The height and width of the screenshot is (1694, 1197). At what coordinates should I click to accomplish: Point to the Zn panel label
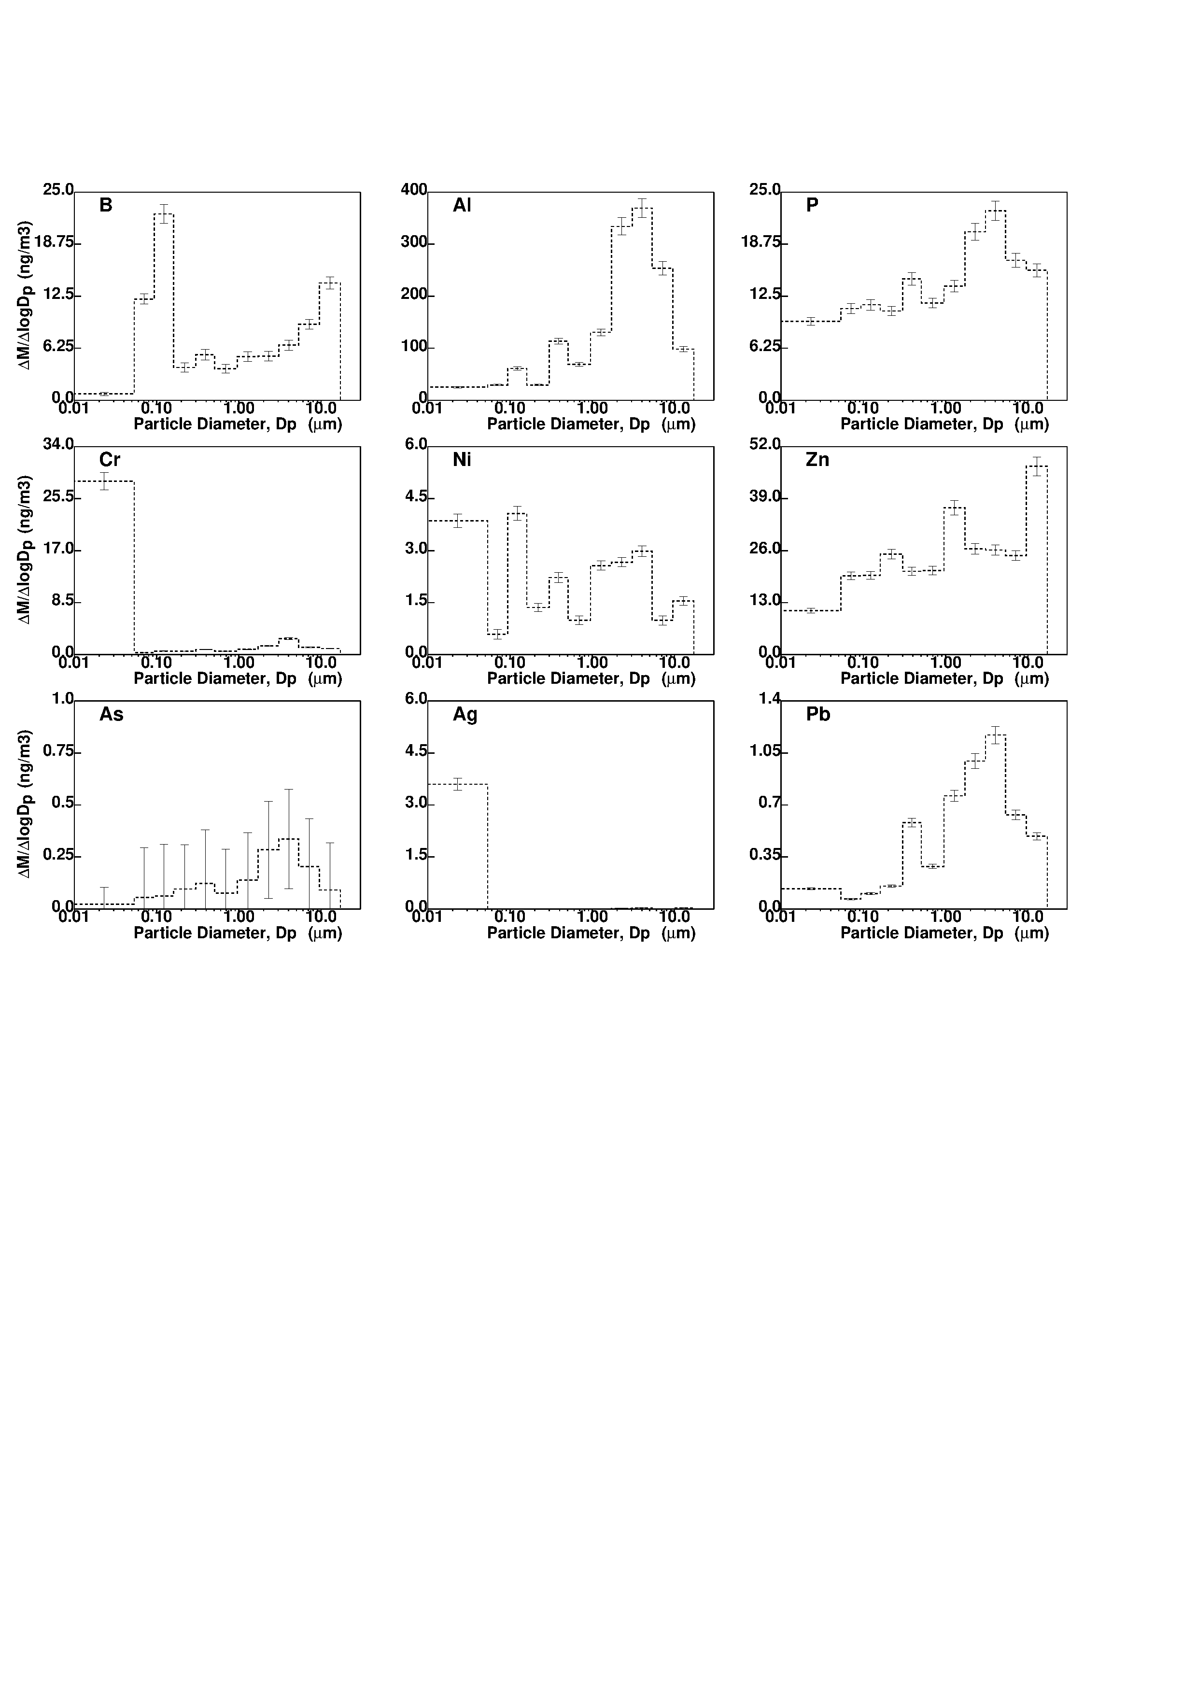point(817,460)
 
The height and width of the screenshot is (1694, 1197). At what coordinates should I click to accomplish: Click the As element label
point(112,714)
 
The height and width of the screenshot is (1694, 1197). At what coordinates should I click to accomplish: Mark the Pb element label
point(818,714)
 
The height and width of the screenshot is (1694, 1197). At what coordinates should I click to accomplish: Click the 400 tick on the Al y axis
point(414,190)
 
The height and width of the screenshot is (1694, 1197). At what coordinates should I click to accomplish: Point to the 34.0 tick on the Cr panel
point(58,444)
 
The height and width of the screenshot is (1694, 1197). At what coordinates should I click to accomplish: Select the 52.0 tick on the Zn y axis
point(765,444)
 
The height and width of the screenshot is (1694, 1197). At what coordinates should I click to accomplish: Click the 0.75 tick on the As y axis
point(58,751)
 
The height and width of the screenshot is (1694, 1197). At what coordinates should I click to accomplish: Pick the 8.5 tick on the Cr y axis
point(62,601)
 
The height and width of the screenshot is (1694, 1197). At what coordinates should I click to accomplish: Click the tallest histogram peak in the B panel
point(164,214)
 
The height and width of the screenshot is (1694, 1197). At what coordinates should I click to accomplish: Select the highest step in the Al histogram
point(642,208)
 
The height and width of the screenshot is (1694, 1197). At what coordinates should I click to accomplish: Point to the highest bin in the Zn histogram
point(1037,466)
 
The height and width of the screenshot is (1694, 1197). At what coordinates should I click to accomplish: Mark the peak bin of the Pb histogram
point(996,735)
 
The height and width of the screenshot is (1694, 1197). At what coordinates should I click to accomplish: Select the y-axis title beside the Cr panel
point(25,550)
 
